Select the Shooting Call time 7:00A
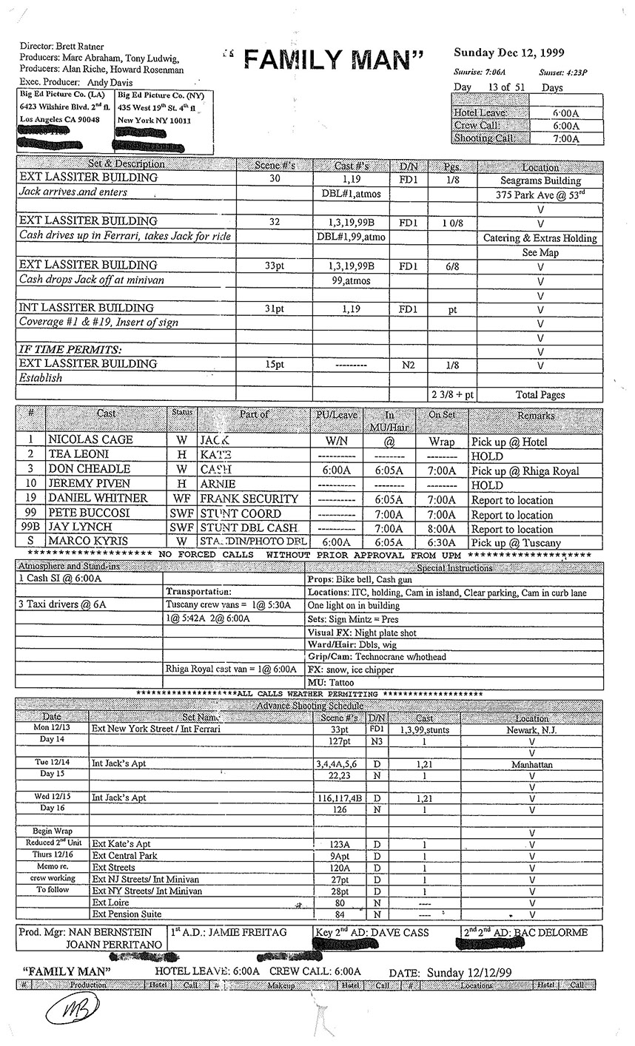pos(566,139)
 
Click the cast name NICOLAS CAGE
pos(90,440)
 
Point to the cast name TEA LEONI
pos(78,455)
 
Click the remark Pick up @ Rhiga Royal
pos(525,470)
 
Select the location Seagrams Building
pos(540,180)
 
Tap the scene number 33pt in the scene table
pos(274,265)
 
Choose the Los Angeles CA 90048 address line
pos(60,119)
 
